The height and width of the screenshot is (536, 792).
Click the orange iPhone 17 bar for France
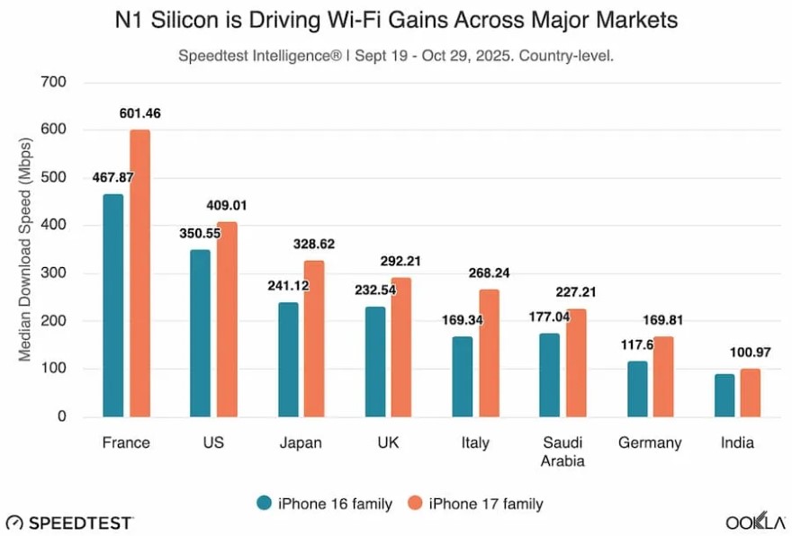click(139, 273)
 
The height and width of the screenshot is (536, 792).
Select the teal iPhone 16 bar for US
click(200, 334)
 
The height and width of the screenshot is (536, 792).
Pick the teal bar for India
click(724, 396)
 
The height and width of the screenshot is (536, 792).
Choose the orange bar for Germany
click(663, 377)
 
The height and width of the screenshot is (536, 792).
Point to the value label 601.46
click(139, 113)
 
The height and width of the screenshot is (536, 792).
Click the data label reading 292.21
click(401, 262)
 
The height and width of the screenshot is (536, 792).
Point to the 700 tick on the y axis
click(54, 83)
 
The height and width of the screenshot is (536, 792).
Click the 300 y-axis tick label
click(54, 273)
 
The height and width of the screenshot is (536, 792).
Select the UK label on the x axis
click(389, 442)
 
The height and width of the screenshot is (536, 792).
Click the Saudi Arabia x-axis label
click(562, 451)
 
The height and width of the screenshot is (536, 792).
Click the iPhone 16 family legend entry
click(324, 504)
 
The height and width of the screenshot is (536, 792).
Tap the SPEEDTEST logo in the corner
click(70, 523)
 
